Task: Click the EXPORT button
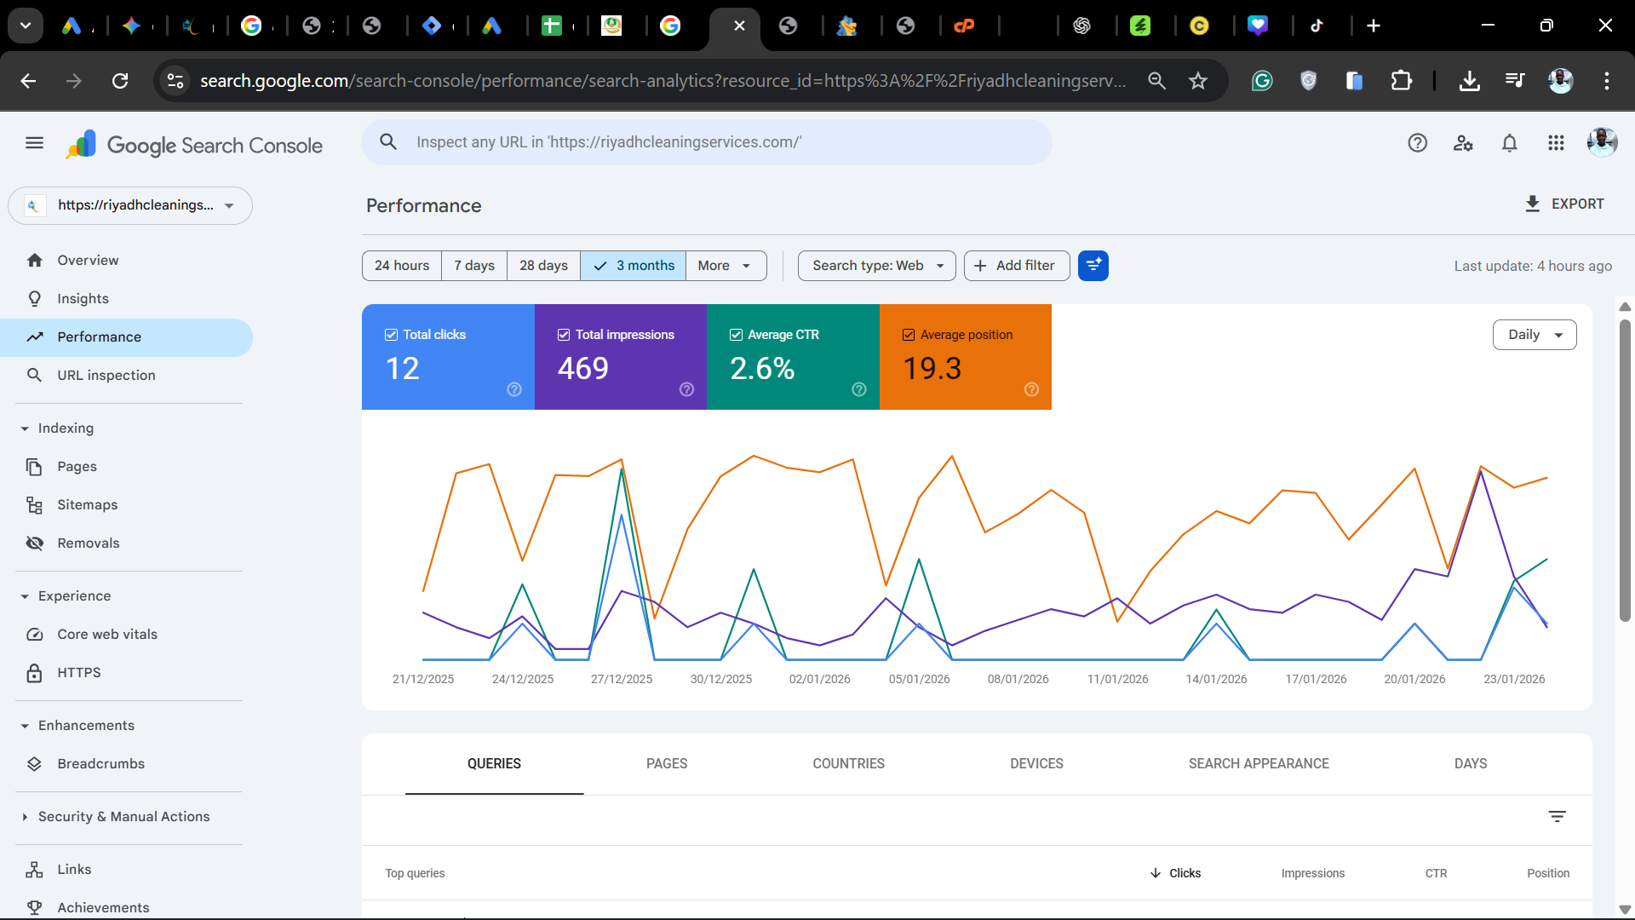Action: tap(1563, 204)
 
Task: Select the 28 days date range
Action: tap(543, 266)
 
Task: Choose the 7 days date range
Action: tap(473, 266)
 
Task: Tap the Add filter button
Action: tap(1016, 266)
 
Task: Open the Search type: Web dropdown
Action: tap(876, 266)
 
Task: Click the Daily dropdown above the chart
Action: tap(1534, 335)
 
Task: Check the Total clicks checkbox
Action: tap(392, 335)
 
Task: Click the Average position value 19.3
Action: tap(932, 369)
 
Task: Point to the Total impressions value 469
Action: tap(583, 369)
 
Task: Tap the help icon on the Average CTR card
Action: tap(859, 389)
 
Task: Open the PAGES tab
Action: tap(666, 764)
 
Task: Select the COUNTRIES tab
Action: tap(848, 764)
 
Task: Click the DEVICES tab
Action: tap(1036, 764)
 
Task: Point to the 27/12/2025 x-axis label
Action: tap(622, 680)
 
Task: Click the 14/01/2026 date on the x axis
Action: tap(1216, 680)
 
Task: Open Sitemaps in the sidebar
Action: tap(87, 505)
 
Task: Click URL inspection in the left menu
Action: tap(106, 376)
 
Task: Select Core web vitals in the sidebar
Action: tap(107, 635)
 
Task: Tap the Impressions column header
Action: tap(1312, 873)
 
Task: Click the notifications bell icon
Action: tap(1509, 143)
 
